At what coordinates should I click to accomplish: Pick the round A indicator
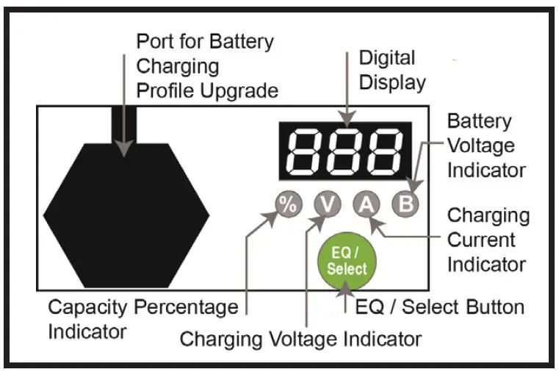coord(365,205)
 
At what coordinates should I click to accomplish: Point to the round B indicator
coord(404,205)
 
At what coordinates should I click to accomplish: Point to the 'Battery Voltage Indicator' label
coord(486,146)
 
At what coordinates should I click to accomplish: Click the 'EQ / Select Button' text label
coord(439,307)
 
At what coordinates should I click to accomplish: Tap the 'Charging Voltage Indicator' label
coord(300,339)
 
